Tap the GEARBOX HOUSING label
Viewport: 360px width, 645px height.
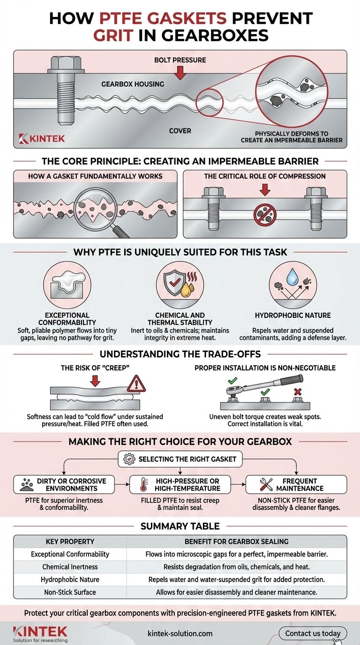click(x=133, y=84)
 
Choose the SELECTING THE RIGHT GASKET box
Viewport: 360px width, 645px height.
click(x=180, y=459)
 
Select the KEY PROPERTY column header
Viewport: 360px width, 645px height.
click(x=70, y=541)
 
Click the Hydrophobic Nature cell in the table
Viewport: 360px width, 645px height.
click(x=70, y=579)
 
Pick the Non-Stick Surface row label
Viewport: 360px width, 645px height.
click(x=70, y=592)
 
